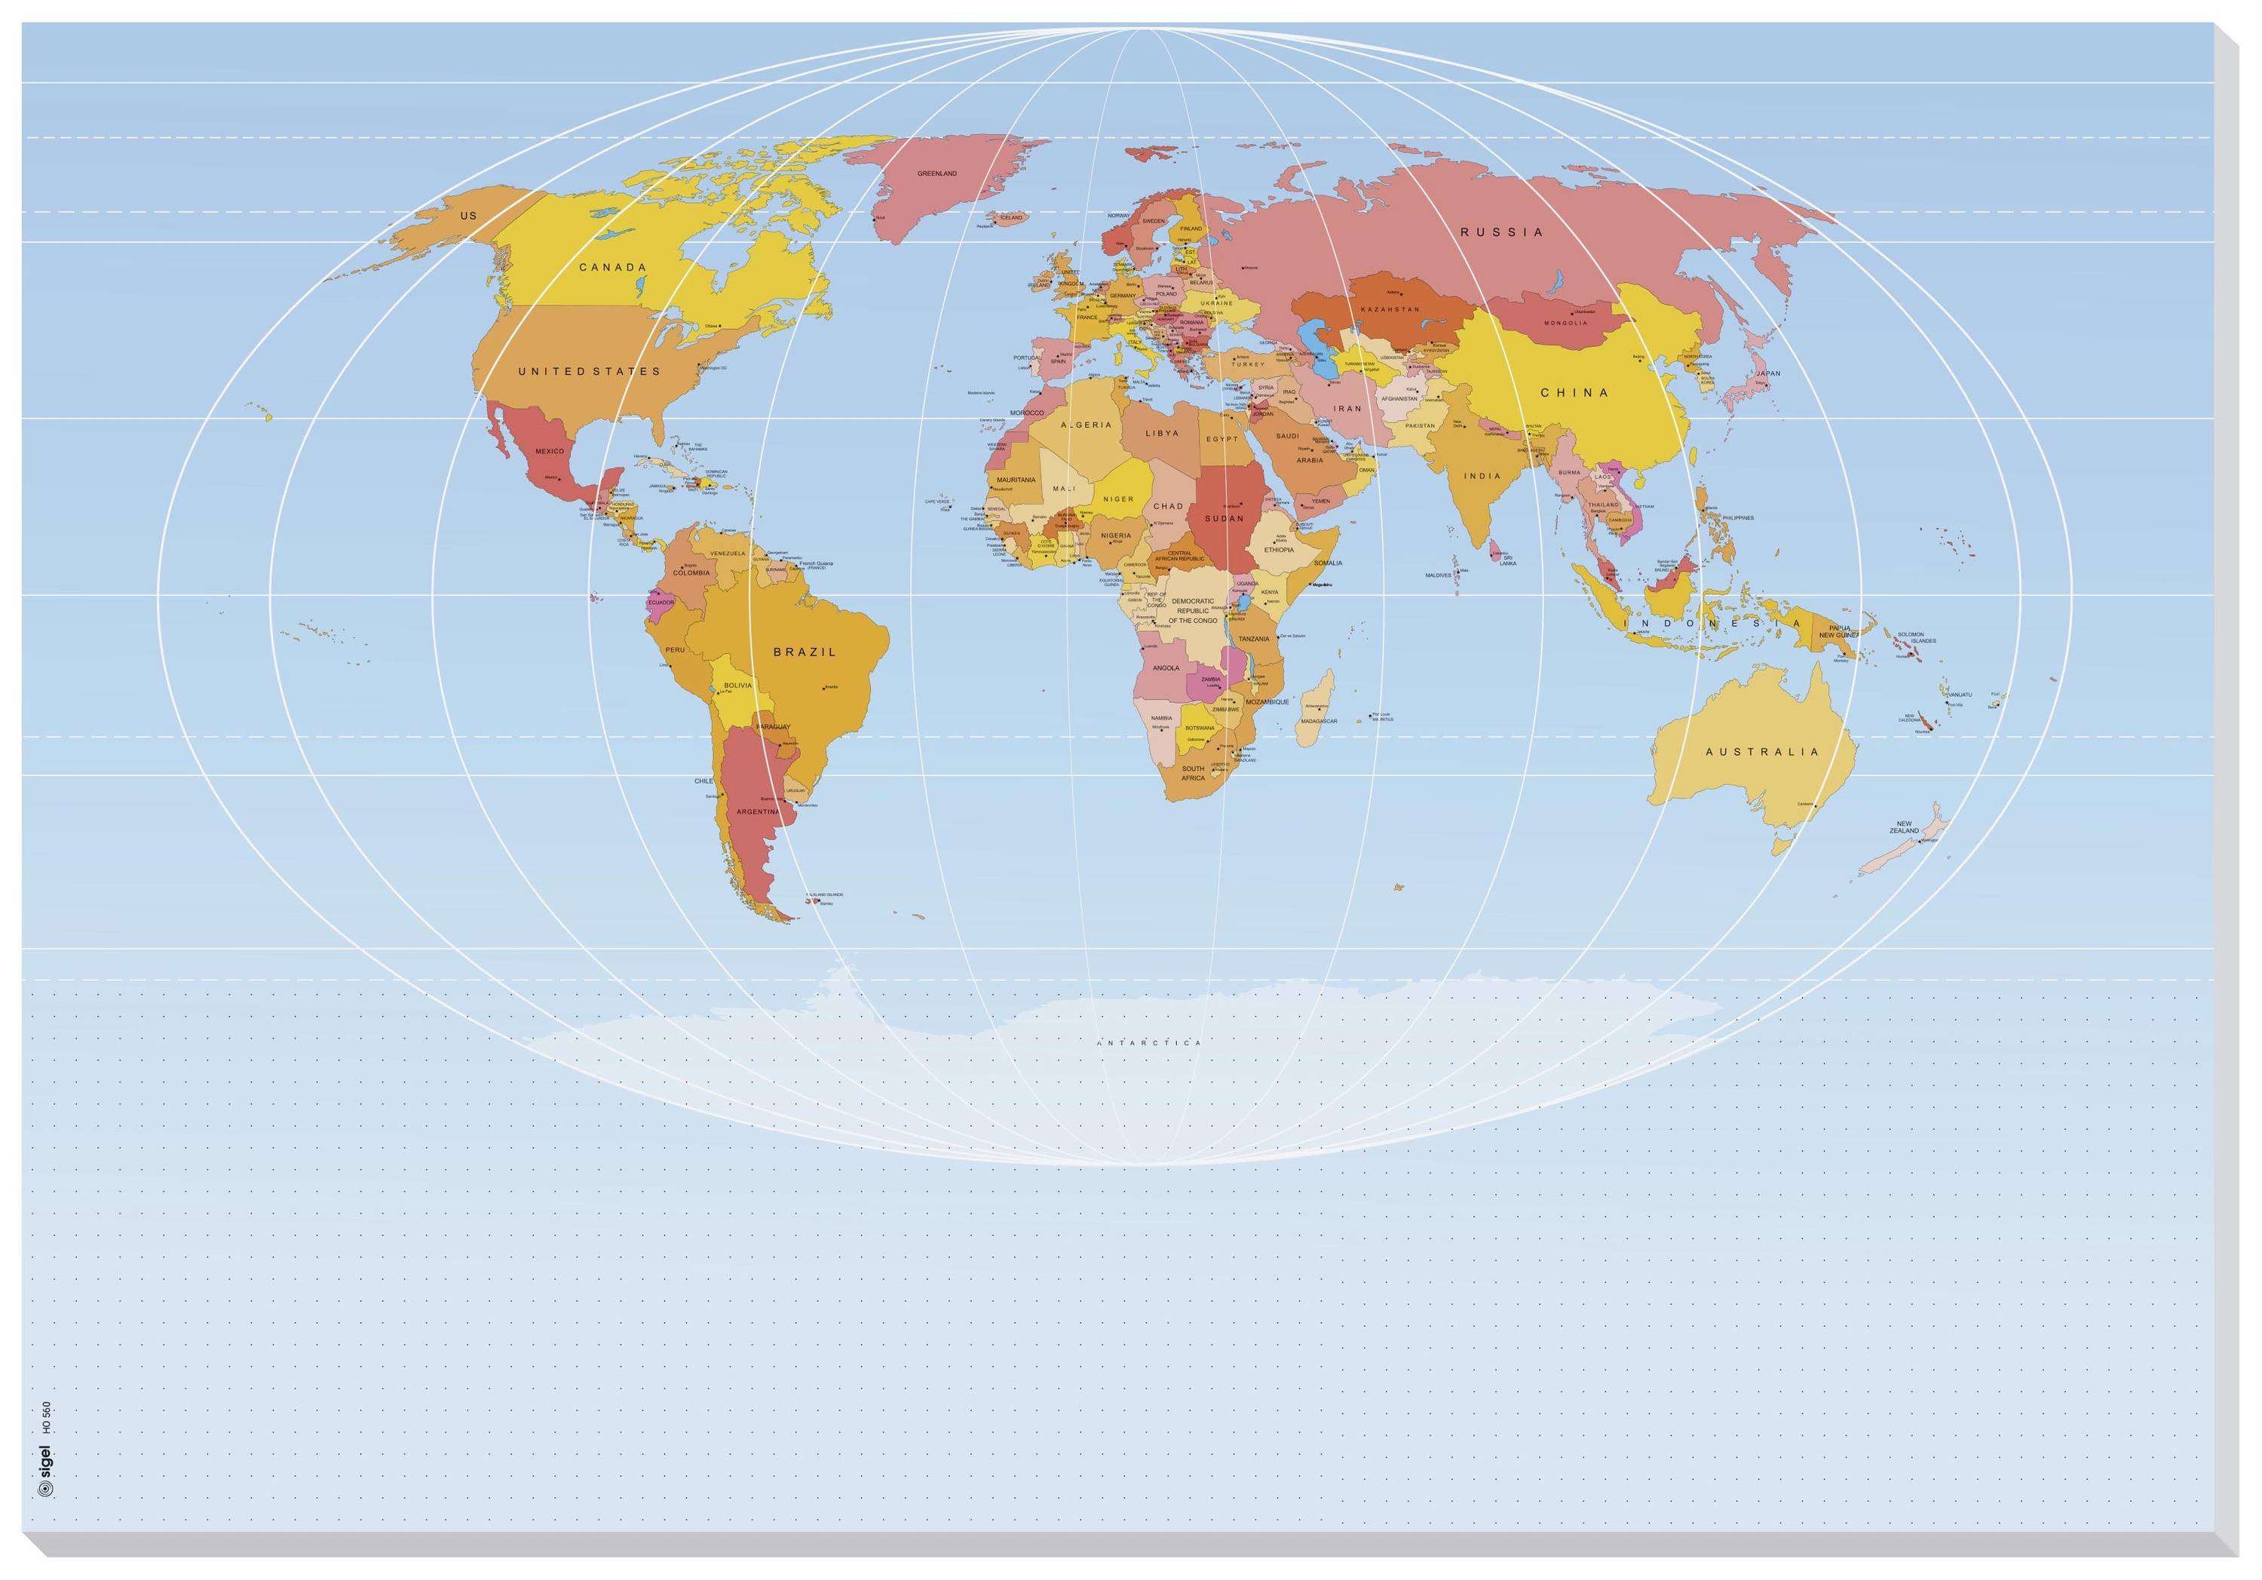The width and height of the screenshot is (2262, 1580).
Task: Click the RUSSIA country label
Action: (1501, 232)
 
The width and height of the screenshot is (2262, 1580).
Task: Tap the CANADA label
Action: (613, 267)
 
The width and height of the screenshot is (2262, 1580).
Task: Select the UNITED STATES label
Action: (589, 372)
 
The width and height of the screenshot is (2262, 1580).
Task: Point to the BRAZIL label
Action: (804, 652)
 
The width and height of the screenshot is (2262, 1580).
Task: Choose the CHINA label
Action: (1574, 392)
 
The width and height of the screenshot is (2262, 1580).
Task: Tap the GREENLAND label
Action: (937, 173)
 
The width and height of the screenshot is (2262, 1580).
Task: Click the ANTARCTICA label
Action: (1150, 1042)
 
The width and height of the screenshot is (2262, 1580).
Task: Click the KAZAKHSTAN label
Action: (1390, 309)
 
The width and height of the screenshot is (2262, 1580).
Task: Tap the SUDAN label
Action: (1224, 517)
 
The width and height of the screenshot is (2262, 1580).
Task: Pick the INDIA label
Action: (1482, 476)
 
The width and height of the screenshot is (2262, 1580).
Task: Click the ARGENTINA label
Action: (759, 811)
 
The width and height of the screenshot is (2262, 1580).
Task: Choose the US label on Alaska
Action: (468, 215)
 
